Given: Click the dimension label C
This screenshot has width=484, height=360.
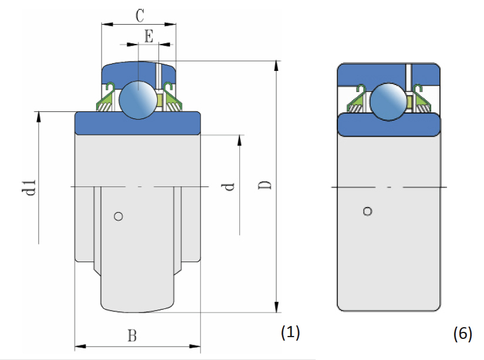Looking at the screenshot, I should (139, 15).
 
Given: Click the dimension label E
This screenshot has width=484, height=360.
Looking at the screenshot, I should (148, 37).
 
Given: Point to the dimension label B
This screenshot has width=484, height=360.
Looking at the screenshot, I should (133, 336).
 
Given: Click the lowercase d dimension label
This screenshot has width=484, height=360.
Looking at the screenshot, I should (229, 186).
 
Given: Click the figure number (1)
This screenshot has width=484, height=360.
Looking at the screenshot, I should (290, 332).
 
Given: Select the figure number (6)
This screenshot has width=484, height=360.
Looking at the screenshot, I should (462, 334).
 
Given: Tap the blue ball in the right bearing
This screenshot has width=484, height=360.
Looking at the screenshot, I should (388, 101).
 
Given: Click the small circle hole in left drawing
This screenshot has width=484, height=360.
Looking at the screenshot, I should (119, 216).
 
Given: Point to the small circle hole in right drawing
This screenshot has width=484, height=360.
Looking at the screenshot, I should (368, 211).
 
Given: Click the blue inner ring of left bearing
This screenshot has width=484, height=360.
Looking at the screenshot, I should (138, 122).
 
